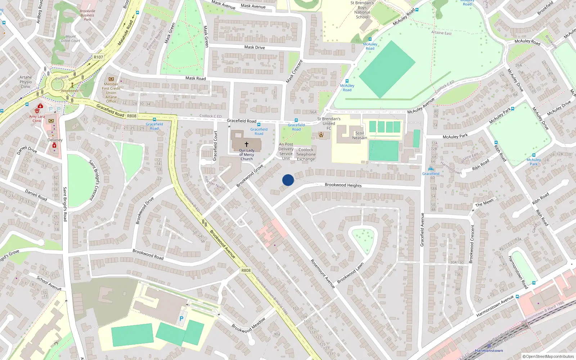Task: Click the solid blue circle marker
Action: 288,180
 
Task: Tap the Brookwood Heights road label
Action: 343,185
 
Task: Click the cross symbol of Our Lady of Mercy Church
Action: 247,144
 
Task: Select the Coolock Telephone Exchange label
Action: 306,154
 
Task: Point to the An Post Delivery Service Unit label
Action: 286,151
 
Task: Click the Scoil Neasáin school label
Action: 359,135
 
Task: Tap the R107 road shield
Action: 98,57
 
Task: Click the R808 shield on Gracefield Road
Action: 132,116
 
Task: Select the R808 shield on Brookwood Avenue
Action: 246,270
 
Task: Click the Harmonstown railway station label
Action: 489,351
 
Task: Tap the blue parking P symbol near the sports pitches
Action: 181,319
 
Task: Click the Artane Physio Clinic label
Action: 26,82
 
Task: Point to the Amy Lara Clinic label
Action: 37,118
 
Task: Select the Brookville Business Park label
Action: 87,15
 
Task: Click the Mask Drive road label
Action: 255,47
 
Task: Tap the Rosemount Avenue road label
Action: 323,274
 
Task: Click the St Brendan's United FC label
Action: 329,123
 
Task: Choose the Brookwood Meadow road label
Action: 249,325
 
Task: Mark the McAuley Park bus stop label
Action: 534,162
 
